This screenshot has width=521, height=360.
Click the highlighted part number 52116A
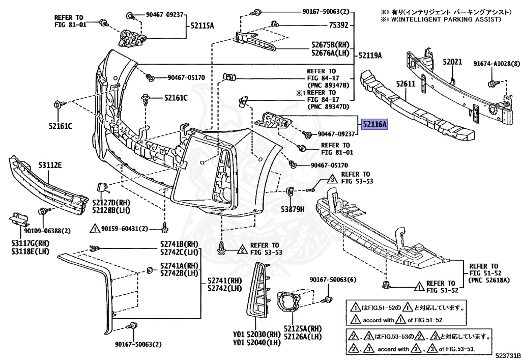point(375,124)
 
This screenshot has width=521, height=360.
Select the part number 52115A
point(202,25)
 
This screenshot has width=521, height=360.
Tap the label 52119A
point(370,55)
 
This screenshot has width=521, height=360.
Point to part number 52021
point(452,62)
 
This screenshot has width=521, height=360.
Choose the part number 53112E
point(50,165)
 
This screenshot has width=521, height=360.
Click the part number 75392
point(338,24)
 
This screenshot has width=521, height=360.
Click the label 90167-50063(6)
point(333,280)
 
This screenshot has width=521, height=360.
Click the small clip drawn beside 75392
point(275,23)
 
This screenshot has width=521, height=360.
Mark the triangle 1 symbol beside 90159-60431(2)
point(94,229)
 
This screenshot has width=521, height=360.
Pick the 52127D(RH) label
point(111,202)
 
